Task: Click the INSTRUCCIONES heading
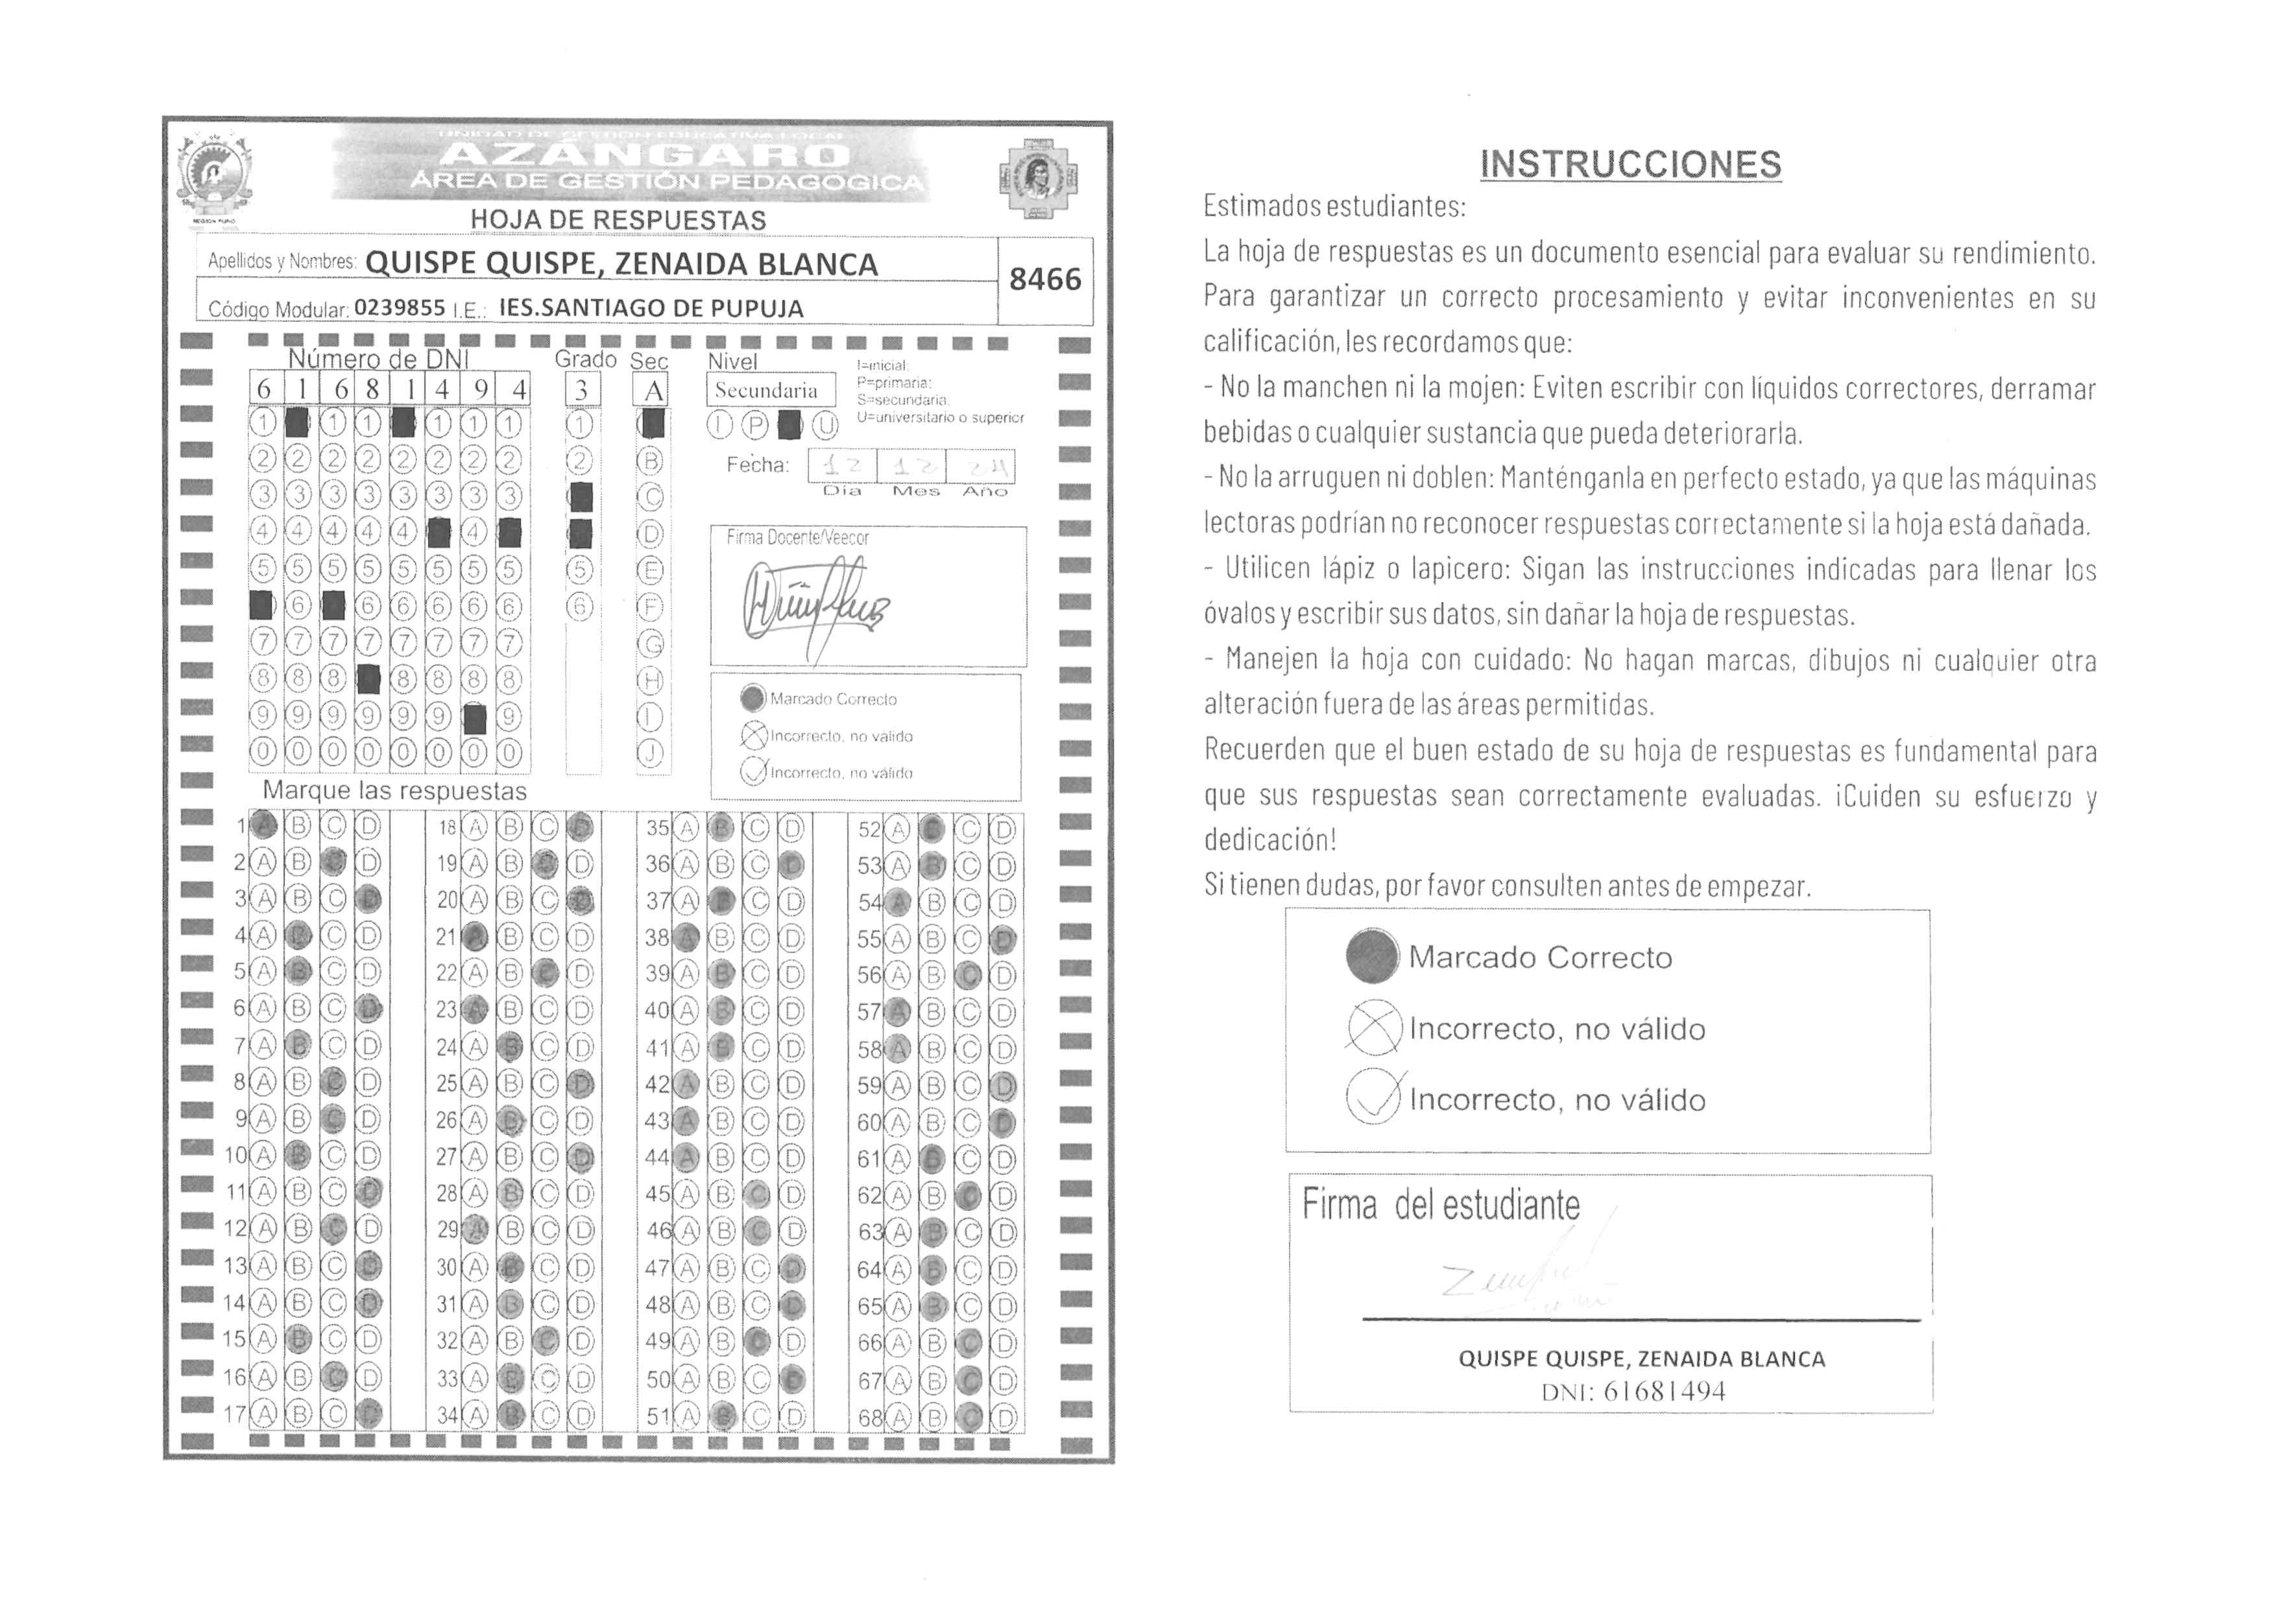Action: pos(1630,164)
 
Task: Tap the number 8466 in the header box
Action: pos(1044,280)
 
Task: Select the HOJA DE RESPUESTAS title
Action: pos(618,220)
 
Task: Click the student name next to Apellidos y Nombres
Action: pos(621,265)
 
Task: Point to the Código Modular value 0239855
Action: pos(400,308)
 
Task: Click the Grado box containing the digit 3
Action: pos(582,391)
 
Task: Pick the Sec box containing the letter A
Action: pos(652,391)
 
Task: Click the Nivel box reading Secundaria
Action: pos(766,391)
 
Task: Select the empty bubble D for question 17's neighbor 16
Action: pos(368,1377)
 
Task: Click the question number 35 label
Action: pos(657,827)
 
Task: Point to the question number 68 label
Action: pos(869,1418)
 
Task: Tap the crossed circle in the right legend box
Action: pos(1373,1028)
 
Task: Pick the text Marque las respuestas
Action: pos(394,791)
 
